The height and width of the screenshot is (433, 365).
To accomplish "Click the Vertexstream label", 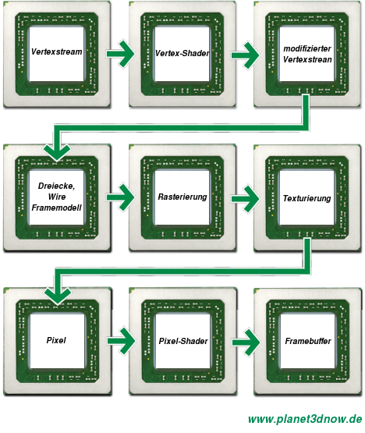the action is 57,51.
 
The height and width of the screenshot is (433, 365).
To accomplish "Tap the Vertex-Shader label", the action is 182,53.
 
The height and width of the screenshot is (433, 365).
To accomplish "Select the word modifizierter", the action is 307,48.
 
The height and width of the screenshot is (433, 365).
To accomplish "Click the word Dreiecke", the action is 56,186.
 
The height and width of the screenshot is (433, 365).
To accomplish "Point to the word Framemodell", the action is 57,208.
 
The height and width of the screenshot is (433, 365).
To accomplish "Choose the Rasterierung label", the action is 182,197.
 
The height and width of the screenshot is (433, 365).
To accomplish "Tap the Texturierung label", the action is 307,198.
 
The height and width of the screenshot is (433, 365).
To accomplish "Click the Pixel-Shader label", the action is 183,341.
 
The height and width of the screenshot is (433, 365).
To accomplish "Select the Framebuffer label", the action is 308,341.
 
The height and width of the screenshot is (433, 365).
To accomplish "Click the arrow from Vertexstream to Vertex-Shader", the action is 120,54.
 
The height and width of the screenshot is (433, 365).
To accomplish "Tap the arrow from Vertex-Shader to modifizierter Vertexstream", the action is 245,55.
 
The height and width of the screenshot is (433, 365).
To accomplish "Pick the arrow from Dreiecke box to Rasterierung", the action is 120,197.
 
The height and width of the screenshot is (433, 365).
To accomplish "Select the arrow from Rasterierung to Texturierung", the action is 245,199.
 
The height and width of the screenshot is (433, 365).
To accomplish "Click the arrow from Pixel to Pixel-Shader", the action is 121,341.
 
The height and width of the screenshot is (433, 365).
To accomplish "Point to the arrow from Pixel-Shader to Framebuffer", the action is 246,342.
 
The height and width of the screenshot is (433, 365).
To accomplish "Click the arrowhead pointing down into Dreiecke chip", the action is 57,152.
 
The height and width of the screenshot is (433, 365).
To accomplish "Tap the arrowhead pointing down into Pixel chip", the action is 58,296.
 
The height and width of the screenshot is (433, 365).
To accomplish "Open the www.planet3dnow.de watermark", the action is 305,419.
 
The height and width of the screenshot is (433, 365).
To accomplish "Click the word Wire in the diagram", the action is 57,197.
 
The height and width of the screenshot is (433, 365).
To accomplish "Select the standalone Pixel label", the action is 56,340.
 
